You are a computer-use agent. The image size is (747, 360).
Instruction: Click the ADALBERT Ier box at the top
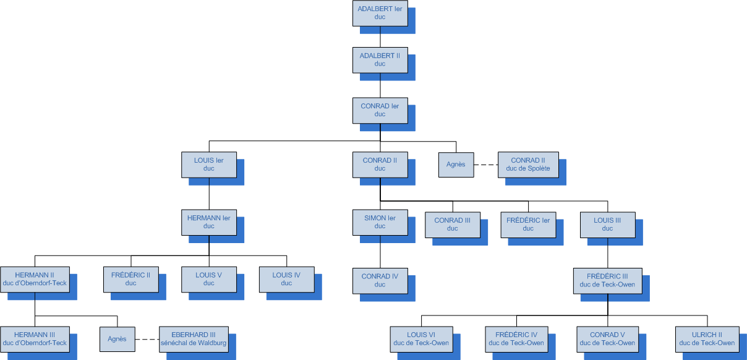tap(380, 12)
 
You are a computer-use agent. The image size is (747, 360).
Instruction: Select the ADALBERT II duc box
tap(380, 59)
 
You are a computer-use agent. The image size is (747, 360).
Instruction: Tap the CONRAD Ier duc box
tap(380, 110)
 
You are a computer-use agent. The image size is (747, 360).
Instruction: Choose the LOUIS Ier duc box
tap(208, 164)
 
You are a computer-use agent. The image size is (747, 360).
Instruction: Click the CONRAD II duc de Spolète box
tap(528, 164)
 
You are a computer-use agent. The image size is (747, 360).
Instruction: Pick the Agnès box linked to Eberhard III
tap(117, 338)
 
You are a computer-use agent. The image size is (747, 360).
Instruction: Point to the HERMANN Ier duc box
tap(208, 222)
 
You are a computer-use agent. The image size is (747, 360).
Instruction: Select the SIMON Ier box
tap(380, 222)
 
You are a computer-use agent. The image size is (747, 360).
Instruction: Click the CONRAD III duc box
tap(452, 224)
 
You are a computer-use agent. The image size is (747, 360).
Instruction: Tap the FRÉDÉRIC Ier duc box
tap(528, 224)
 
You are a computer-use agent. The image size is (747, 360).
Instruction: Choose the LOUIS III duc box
tap(607, 224)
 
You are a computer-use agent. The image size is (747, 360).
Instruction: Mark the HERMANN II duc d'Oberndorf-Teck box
tap(35, 279)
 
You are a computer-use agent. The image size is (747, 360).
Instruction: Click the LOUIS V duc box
tap(208, 279)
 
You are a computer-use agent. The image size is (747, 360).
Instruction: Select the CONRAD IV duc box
tap(380, 280)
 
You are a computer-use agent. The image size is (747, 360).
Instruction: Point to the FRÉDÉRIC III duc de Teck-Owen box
tap(607, 280)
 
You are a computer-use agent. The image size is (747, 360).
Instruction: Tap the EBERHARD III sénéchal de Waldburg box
tap(194, 338)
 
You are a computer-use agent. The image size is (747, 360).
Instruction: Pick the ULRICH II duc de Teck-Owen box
tap(707, 338)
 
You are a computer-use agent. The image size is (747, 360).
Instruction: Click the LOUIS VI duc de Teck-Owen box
tap(421, 338)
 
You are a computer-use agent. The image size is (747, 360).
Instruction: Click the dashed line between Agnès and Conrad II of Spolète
tap(486, 165)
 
